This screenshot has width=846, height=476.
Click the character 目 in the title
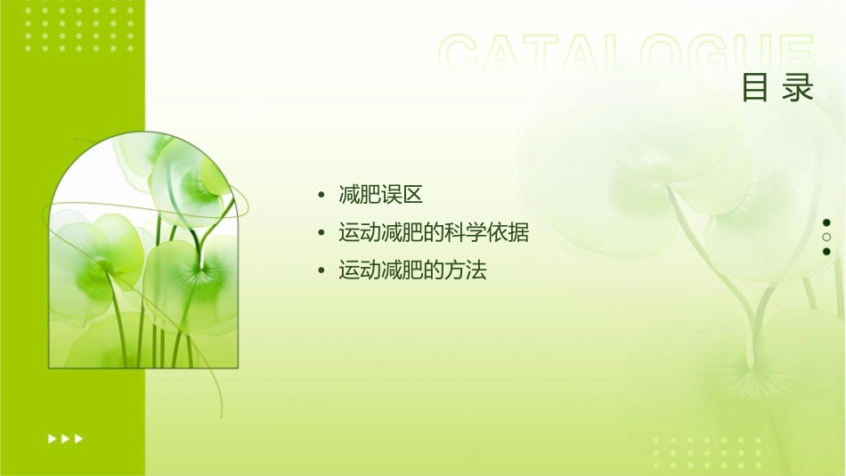click(x=755, y=88)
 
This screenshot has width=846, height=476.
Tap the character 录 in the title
click(x=799, y=88)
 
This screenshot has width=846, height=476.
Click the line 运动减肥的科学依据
click(x=434, y=233)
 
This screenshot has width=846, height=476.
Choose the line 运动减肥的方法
click(x=412, y=270)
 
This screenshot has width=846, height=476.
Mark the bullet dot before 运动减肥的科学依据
click(x=321, y=234)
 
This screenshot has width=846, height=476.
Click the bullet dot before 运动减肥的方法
click(x=321, y=271)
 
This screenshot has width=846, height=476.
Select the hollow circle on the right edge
click(x=826, y=238)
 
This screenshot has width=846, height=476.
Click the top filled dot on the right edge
click(x=826, y=222)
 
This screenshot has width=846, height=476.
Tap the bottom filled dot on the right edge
click(x=826, y=252)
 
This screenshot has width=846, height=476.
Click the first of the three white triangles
click(x=52, y=438)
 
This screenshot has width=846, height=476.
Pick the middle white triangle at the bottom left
click(x=65, y=438)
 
